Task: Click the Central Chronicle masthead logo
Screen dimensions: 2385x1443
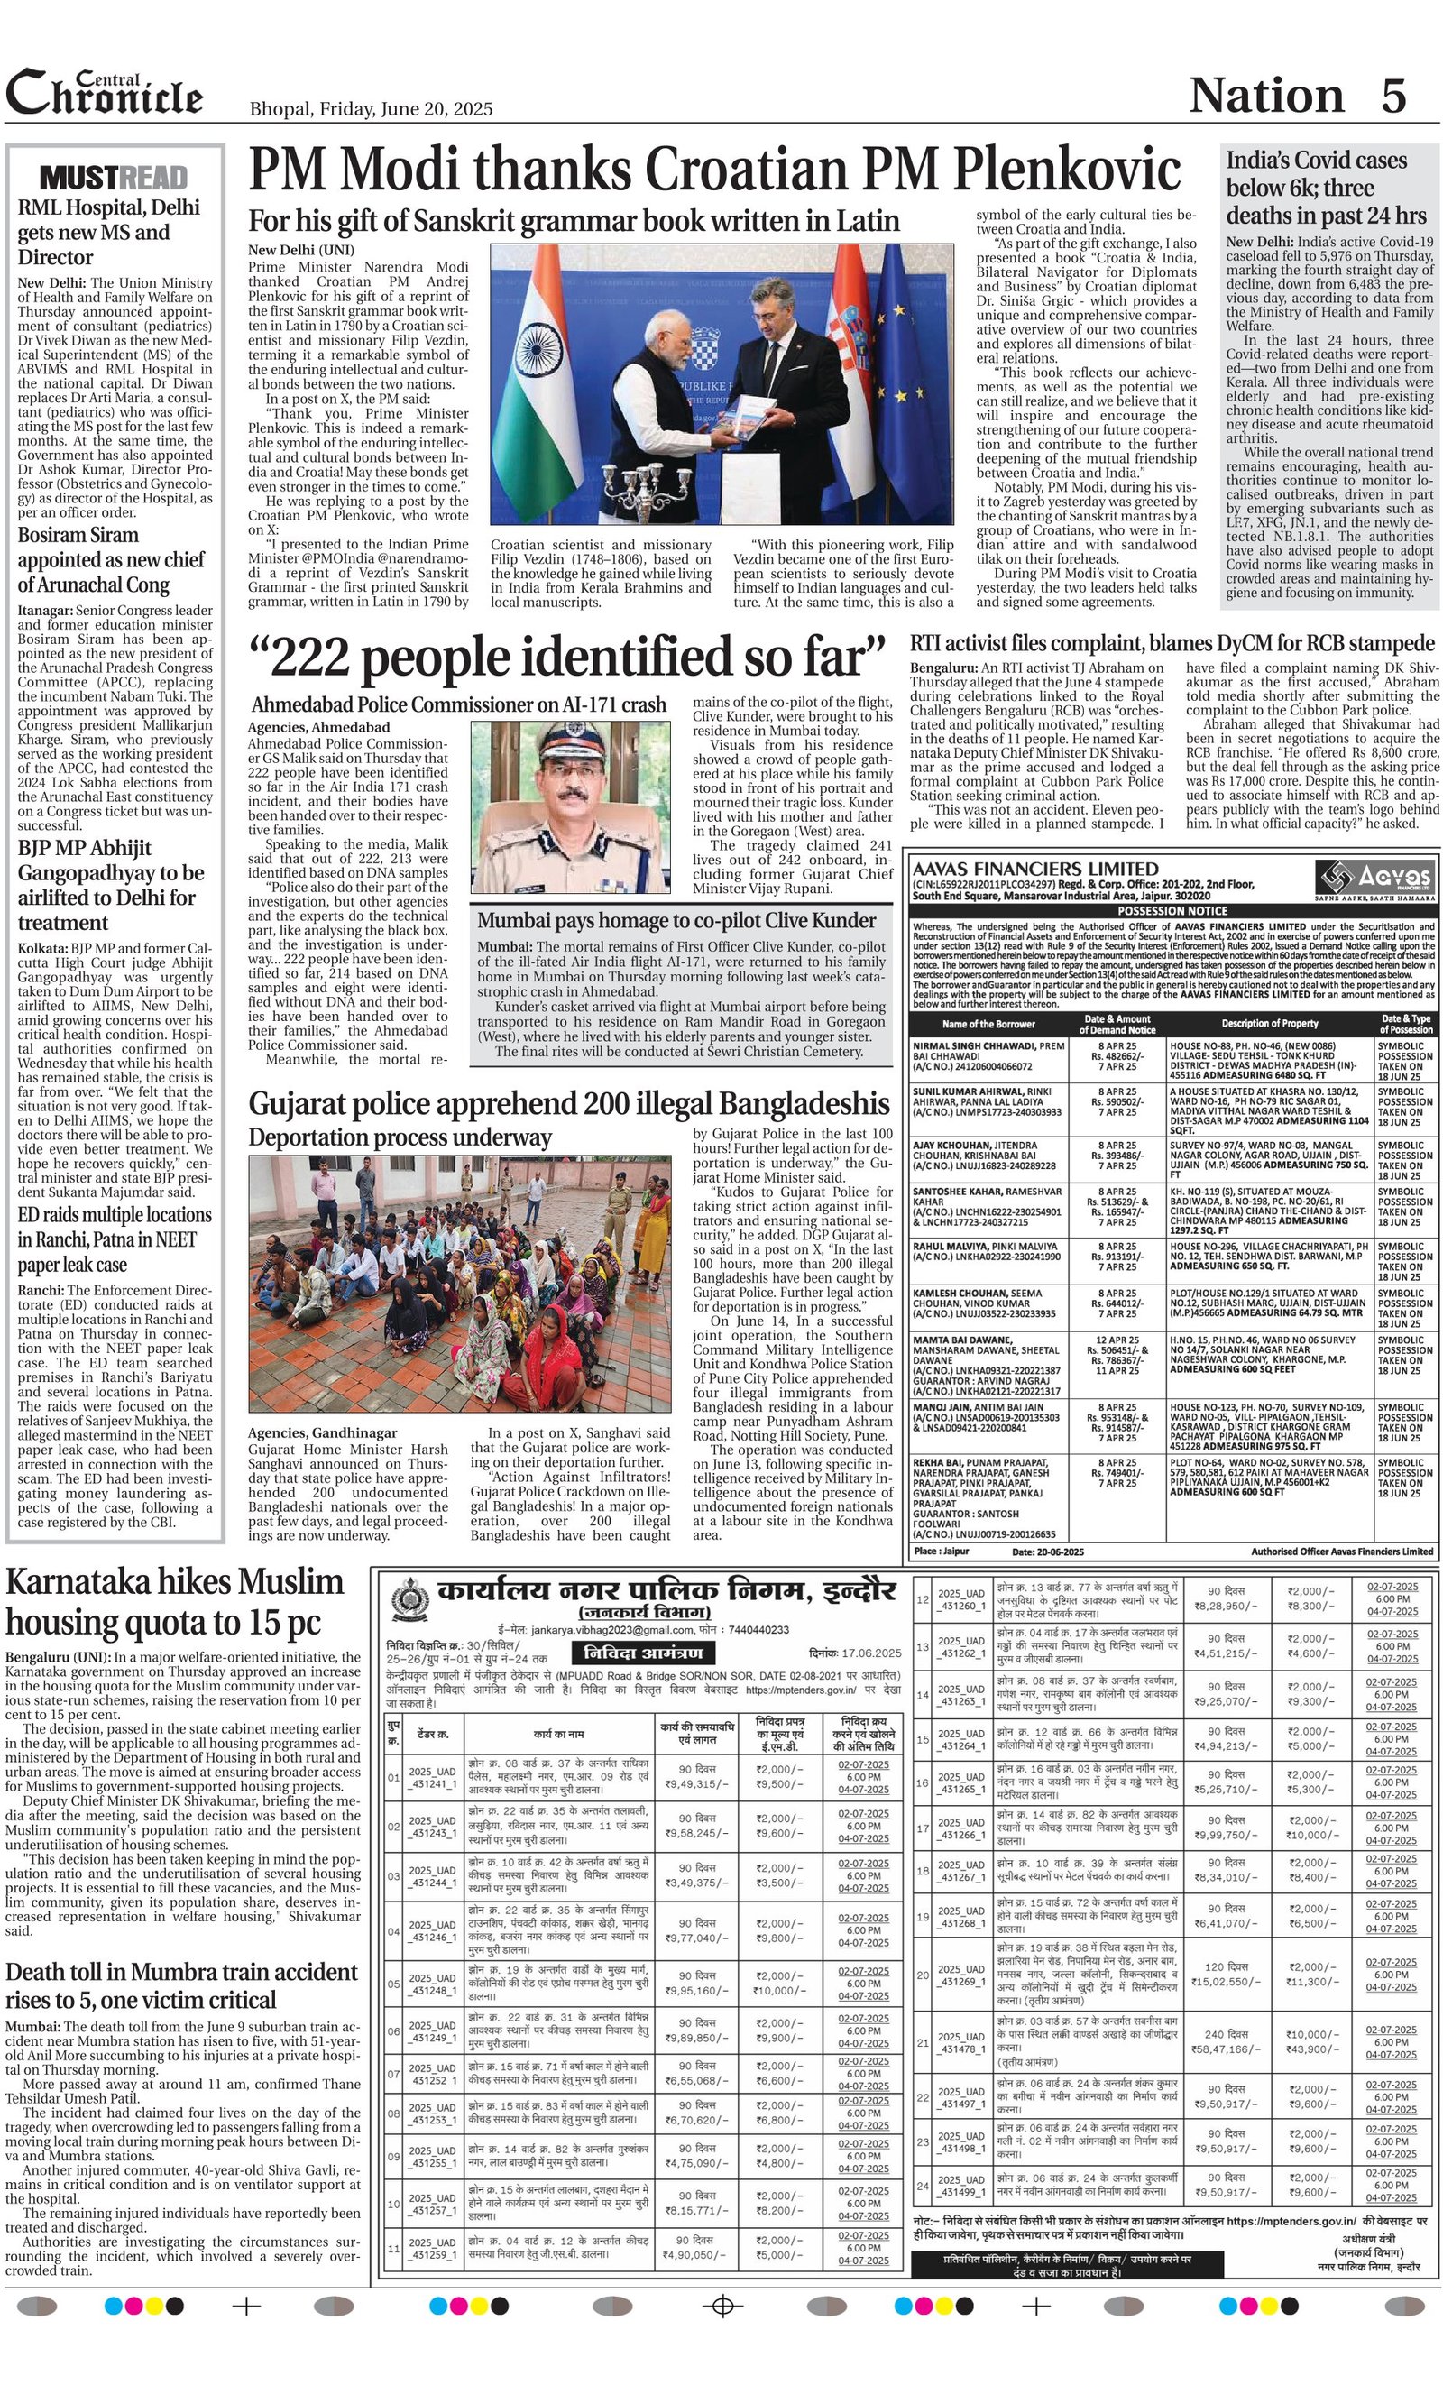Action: click(105, 94)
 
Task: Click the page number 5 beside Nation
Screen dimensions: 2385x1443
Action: click(1392, 96)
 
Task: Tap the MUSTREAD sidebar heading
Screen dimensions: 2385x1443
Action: click(115, 178)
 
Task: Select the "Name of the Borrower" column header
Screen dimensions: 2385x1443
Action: click(988, 1023)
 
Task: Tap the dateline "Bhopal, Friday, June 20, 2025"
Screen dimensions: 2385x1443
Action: click(371, 109)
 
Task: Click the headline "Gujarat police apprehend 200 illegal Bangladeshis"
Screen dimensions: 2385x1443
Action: click(569, 1103)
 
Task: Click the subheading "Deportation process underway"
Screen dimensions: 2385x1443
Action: click(400, 1137)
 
